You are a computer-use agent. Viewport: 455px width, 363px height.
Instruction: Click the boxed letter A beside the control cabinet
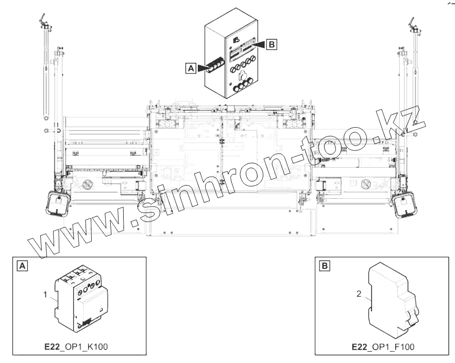pyautogui.click(x=191, y=68)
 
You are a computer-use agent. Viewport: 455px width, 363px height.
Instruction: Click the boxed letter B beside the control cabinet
pyautogui.click(x=272, y=45)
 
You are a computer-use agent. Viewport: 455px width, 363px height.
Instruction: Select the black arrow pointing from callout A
pyautogui.click(x=206, y=68)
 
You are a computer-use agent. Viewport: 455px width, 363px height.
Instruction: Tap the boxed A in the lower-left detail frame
pyautogui.click(x=23, y=266)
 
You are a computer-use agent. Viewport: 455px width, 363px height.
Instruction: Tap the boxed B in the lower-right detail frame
pyautogui.click(x=325, y=266)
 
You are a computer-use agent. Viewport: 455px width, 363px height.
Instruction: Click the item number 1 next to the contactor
pyautogui.click(x=45, y=295)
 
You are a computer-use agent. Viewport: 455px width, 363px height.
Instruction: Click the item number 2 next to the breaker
pyautogui.click(x=359, y=293)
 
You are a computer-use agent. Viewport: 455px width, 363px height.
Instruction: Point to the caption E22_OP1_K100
pyautogui.click(x=76, y=347)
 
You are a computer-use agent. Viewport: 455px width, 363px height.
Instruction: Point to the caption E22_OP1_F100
pyautogui.click(x=383, y=347)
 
